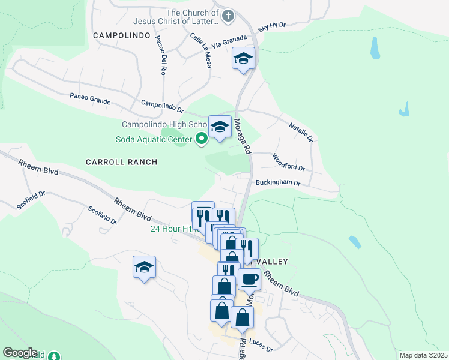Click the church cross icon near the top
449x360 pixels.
[228, 16]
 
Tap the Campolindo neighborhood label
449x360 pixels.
[121, 35]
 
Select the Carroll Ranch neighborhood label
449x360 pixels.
[121, 162]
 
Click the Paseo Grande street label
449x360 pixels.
[90, 98]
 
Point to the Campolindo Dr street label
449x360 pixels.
[162, 106]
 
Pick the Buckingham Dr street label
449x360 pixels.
[277, 182]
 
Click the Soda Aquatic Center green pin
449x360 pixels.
[202, 140]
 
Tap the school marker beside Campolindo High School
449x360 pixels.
[220, 127]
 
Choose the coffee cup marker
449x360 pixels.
[249, 278]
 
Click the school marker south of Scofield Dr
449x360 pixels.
[144, 267]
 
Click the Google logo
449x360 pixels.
[19, 353]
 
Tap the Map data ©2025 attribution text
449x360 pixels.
[423, 355]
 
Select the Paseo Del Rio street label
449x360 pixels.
[161, 55]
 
